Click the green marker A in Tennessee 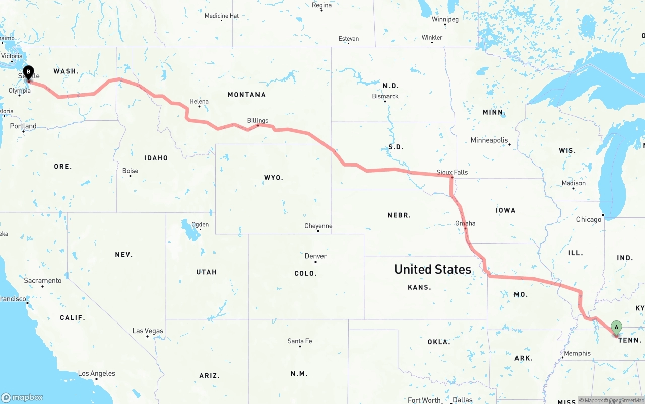click(616, 328)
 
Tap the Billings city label click(257, 120)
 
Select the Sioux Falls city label click(452, 172)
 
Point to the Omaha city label click(465, 223)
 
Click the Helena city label click(199, 101)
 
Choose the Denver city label click(315, 256)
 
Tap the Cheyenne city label click(318, 226)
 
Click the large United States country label click(432, 269)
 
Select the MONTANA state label click(246, 95)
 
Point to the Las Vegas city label click(148, 331)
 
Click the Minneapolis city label click(489, 140)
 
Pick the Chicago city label click(589, 219)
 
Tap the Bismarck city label click(385, 96)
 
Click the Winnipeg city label click(445, 19)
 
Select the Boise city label click(130, 171)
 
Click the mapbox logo click(23, 397)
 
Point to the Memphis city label click(577, 353)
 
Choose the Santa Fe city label click(300, 341)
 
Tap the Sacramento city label click(43, 280)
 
